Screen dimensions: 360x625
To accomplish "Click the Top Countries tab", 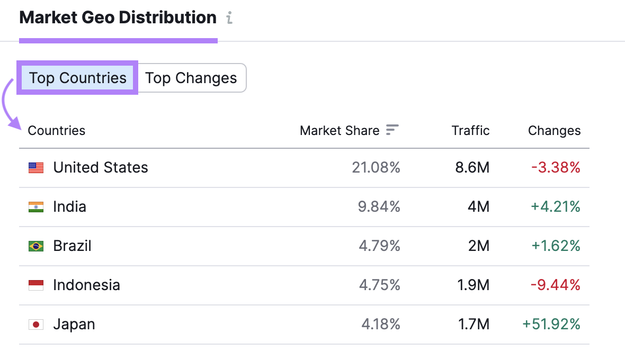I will coord(77,78).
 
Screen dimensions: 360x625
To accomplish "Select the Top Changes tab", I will coord(191,78).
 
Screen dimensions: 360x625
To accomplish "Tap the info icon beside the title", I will coord(229,18).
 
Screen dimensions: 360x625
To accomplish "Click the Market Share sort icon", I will coord(392,130).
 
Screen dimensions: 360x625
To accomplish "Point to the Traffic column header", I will coord(470,130).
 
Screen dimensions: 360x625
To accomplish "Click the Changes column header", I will coord(554,130).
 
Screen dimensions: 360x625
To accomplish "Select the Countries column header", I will coord(56,130).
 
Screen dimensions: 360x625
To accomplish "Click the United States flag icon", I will coord(36,168).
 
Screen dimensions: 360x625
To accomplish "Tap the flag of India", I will coord(36,207).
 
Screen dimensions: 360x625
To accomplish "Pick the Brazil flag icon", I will coord(36,246).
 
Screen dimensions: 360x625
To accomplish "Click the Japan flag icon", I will coord(36,325).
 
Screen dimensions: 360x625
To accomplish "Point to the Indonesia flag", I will coord(36,285).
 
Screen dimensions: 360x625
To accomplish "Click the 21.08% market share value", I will coord(376,168).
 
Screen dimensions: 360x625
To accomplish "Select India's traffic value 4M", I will coord(479,207).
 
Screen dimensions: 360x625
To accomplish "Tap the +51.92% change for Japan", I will coord(551,325).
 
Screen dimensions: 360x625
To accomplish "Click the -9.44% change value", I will coord(556,285).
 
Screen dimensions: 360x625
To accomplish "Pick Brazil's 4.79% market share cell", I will coord(379,246).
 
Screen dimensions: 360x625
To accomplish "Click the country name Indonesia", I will coord(86,285).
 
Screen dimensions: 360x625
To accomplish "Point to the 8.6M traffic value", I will coord(472,168).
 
